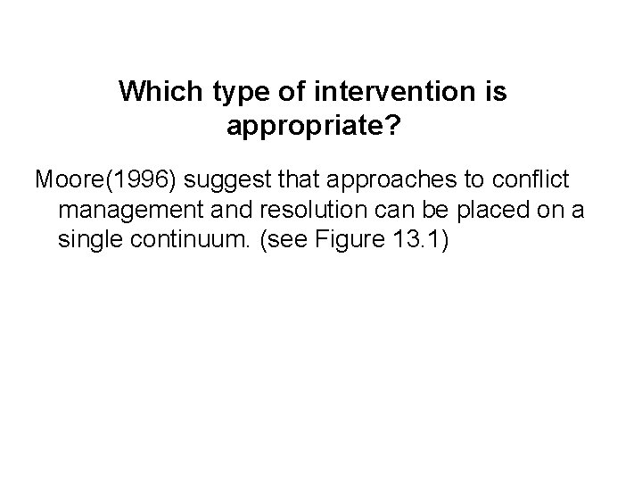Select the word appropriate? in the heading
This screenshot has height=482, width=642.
[x=313, y=128]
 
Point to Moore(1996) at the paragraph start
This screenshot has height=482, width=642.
[x=106, y=179]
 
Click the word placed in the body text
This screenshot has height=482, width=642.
[x=469, y=212]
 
